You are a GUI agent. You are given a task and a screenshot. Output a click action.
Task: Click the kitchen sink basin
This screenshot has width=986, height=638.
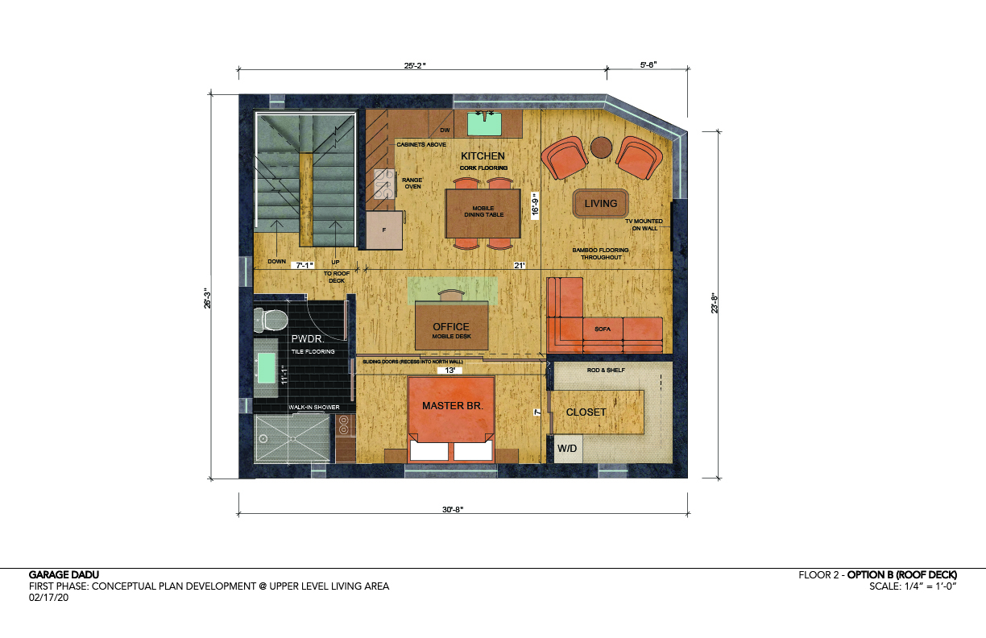click(484, 124)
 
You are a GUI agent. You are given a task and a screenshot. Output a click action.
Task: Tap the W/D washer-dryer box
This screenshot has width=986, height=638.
click(568, 449)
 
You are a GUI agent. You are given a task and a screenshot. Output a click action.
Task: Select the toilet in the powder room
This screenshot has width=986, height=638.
click(271, 320)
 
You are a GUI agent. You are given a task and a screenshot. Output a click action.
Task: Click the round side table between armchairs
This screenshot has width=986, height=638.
click(601, 147)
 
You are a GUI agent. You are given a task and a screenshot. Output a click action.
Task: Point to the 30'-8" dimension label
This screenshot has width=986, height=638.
click(453, 509)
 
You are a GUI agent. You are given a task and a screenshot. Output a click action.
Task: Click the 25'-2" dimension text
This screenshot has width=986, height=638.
click(415, 65)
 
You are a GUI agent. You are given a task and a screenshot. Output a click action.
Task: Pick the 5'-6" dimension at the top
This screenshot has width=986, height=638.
click(648, 64)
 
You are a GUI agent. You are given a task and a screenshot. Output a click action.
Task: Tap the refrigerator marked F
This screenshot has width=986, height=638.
click(384, 230)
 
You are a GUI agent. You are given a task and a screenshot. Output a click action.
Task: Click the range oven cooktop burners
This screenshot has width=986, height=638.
click(383, 184)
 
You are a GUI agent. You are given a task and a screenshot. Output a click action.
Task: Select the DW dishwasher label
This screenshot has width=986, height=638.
click(445, 130)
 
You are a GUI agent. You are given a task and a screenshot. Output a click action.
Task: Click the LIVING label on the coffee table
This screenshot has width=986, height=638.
click(601, 204)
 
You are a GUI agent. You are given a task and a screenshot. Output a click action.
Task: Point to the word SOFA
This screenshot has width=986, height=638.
click(603, 329)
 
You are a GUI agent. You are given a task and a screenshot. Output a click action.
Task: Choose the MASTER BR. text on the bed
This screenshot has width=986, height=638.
click(453, 405)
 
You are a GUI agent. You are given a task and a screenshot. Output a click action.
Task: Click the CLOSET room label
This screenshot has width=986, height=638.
click(586, 412)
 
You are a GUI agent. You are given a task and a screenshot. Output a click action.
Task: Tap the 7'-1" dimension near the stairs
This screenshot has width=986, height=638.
click(304, 266)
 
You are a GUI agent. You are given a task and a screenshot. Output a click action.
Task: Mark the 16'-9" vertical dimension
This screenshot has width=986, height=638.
click(535, 205)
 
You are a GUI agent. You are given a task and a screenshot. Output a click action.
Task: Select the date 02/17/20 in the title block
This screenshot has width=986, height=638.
click(49, 598)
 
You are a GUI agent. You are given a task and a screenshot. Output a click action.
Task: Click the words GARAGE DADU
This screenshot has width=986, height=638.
click(64, 574)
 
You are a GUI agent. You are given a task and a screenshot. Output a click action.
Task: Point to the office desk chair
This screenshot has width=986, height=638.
click(452, 295)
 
